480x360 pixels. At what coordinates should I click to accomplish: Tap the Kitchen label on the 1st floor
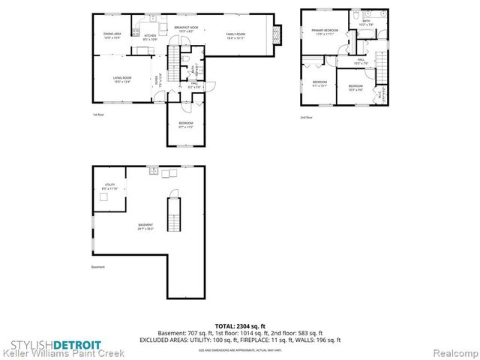click(150, 37)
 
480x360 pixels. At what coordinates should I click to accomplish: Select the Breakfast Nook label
click(186, 29)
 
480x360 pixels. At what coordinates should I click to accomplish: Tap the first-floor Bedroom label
click(185, 124)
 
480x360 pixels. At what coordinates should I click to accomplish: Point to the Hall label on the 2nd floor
click(361, 61)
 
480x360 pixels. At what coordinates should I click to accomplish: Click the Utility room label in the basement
click(109, 186)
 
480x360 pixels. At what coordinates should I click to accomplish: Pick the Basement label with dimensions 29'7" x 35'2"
click(145, 227)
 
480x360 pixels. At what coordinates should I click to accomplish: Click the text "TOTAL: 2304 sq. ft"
click(239, 325)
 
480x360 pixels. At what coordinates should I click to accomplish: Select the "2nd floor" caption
click(305, 118)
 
